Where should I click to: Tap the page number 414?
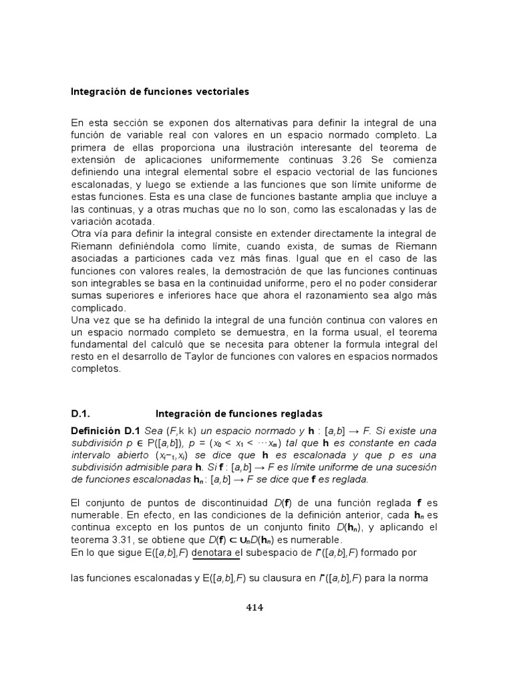(254, 607)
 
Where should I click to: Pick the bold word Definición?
(96, 431)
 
